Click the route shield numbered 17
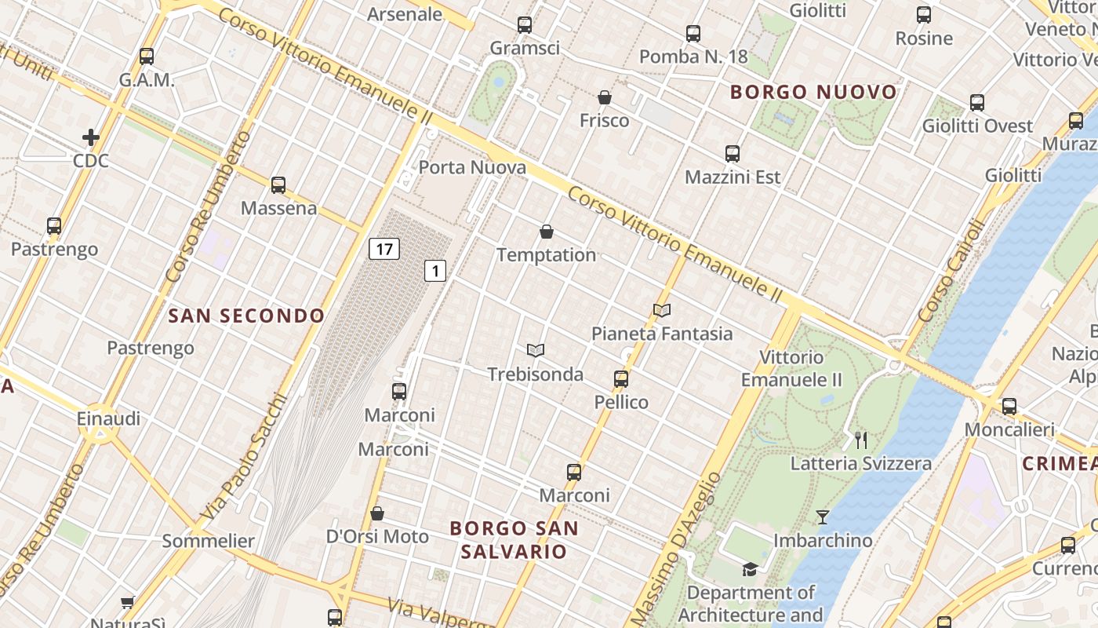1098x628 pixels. click(x=384, y=250)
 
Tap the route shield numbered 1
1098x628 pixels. click(x=435, y=272)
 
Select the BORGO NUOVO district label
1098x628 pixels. click(x=813, y=92)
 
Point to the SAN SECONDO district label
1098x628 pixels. click(x=246, y=316)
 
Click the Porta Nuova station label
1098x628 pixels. click(x=472, y=167)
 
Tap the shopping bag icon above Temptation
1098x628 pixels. click(x=547, y=232)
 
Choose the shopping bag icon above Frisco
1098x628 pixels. click(x=605, y=97)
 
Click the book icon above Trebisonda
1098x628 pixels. click(x=536, y=350)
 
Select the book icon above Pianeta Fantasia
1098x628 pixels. click(x=662, y=310)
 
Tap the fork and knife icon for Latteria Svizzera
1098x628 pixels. click(x=861, y=440)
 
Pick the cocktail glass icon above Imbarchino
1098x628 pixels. click(x=822, y=517)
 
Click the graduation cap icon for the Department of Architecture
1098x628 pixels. click(x=751, y=569)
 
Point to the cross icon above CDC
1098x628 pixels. click(x=91, y=138)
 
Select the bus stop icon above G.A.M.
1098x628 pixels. click(x=147, y=57)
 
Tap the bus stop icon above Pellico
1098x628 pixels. click(x=621, y=379)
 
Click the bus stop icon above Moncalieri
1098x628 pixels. click(x=1009, y=407)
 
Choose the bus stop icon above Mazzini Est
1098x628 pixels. click(x=733, y=154)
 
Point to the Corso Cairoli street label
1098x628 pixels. click(x=950, y=270)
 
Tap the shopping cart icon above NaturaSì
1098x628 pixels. click(x=128, y=602)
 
